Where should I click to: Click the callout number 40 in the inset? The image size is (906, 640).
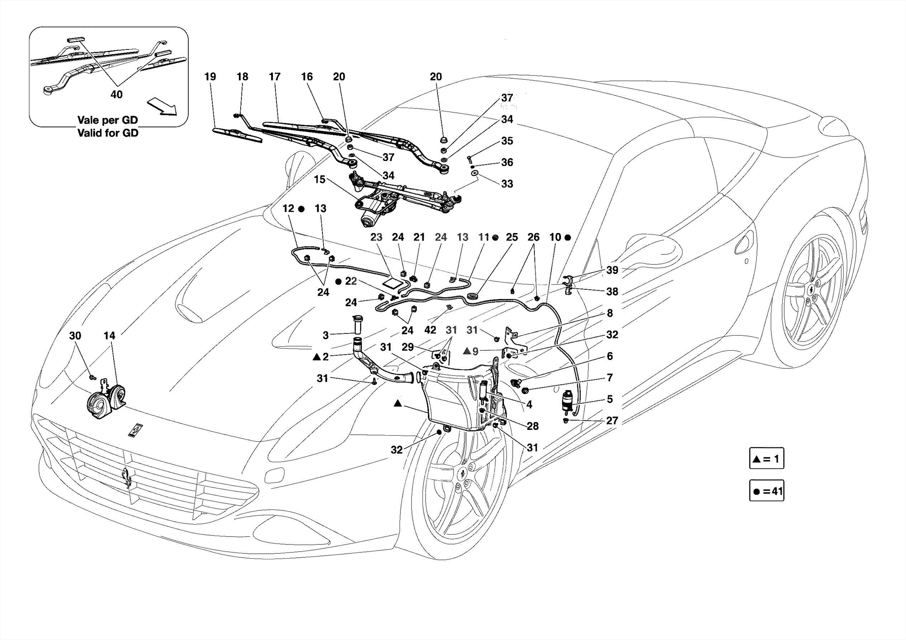[116, 94]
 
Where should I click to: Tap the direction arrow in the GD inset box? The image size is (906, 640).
[162, 107]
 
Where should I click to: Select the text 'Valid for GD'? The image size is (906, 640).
[107, 133]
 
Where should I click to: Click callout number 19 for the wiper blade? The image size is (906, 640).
[210, 77]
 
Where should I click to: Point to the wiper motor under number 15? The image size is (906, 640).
[372, 216]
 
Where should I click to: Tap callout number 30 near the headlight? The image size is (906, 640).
[75, 336]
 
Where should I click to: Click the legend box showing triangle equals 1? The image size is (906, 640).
[766, 459]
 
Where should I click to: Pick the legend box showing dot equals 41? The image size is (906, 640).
[766, 491]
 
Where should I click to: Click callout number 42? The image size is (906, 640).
[430, 330]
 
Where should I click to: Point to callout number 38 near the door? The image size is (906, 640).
[612, 291]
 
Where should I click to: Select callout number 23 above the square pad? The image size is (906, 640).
[376, 237]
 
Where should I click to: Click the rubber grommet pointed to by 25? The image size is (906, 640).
[473, 295]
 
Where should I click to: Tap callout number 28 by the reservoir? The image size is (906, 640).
[533, 426]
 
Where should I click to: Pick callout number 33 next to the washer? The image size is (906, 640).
[507, 184]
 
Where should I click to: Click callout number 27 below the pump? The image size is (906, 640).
[612, 421]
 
